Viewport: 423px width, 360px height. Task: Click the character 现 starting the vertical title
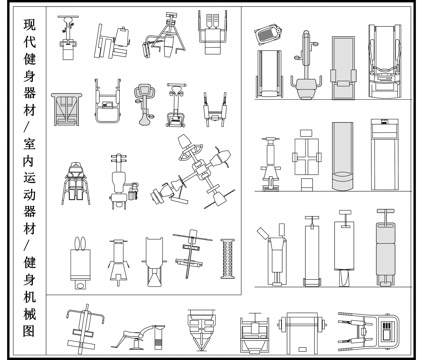coord(29,24)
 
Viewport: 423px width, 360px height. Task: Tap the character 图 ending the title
coord(29,331)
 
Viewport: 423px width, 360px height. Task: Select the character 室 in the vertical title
coord(29,144)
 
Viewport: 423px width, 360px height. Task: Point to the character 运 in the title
coord(29,178)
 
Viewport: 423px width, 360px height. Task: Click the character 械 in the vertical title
coord(29,314)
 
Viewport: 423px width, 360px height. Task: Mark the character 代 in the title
coord(29,41)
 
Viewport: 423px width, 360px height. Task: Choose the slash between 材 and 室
coord(28,127)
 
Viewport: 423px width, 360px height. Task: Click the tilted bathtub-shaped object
coord(268,33)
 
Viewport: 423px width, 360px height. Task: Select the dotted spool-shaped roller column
coord(228,259)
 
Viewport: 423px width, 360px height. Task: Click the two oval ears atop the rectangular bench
coord(80,243)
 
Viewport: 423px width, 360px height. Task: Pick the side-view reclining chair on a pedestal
coord(138,336)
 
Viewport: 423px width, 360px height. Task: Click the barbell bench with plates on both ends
coord(302,333)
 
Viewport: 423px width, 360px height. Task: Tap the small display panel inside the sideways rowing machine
coord(387,330)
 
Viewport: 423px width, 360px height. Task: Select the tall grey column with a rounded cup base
coord(342,156)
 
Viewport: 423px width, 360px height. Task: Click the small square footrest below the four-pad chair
coord(307,184)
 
